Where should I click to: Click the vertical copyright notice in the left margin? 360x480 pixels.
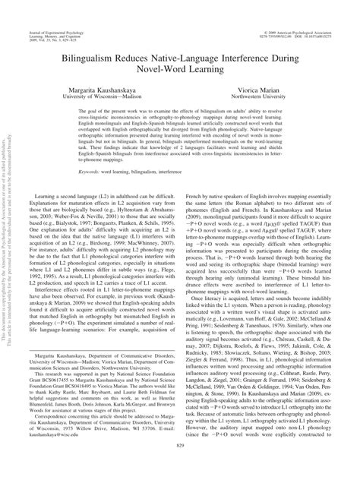click(10, 251)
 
